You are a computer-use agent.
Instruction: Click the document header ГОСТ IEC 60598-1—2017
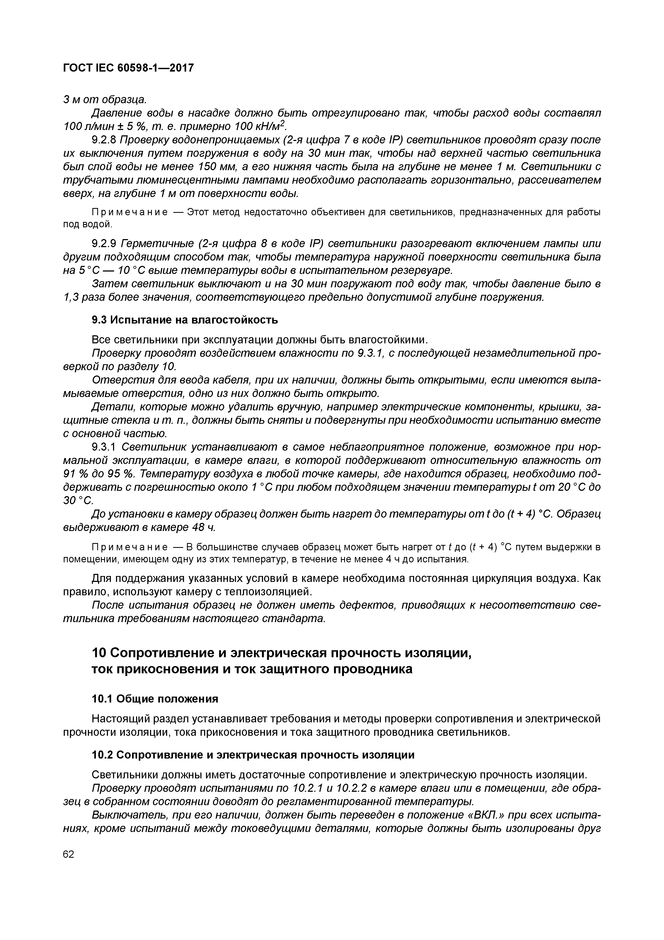(x=128, y=68)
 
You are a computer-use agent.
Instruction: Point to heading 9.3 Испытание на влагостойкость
(x=185, y=320)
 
